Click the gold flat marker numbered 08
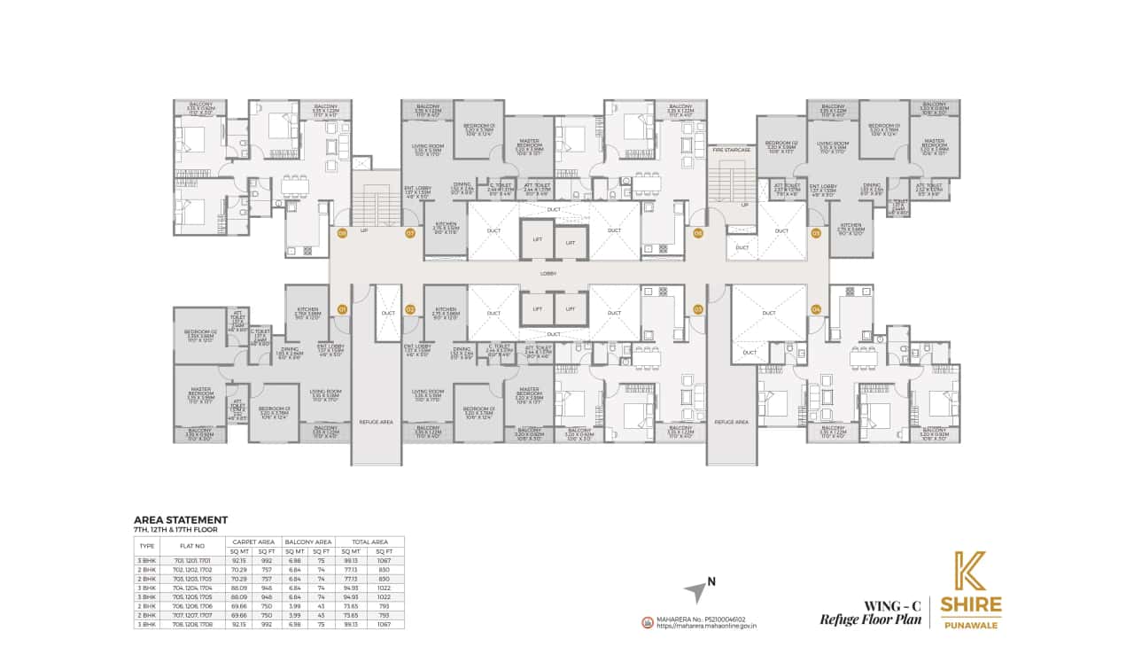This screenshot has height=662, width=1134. click(x=342, y=234)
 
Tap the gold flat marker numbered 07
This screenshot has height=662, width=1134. click(x=410, y=234)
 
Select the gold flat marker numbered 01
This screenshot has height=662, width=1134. click(x=342, y=309)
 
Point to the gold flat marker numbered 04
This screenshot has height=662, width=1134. click(x=816, y=309)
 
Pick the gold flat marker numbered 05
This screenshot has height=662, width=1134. click(x=816, y=234)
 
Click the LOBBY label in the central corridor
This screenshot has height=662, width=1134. click(x=548, y=273)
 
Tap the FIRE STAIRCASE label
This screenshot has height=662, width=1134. click(x=731, y=151)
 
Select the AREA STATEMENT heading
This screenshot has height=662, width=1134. click(x=181, y=520)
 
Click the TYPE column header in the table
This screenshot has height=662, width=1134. click(x=147, y=546)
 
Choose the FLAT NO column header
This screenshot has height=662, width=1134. click(x=193, y=546)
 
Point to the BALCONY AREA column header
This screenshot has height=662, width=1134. click(x=308, y=541)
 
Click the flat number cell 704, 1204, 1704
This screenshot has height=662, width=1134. click(x=193, y=587)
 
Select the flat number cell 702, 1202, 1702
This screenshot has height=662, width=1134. click(x=193, y=570)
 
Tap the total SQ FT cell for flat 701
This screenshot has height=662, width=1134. click(x=384, y=561)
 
